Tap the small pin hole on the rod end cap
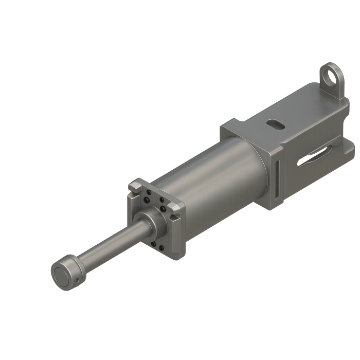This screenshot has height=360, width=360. (77, 280)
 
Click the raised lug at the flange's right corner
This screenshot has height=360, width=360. (177, 208)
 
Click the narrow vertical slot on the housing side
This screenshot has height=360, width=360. (278, 177)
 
